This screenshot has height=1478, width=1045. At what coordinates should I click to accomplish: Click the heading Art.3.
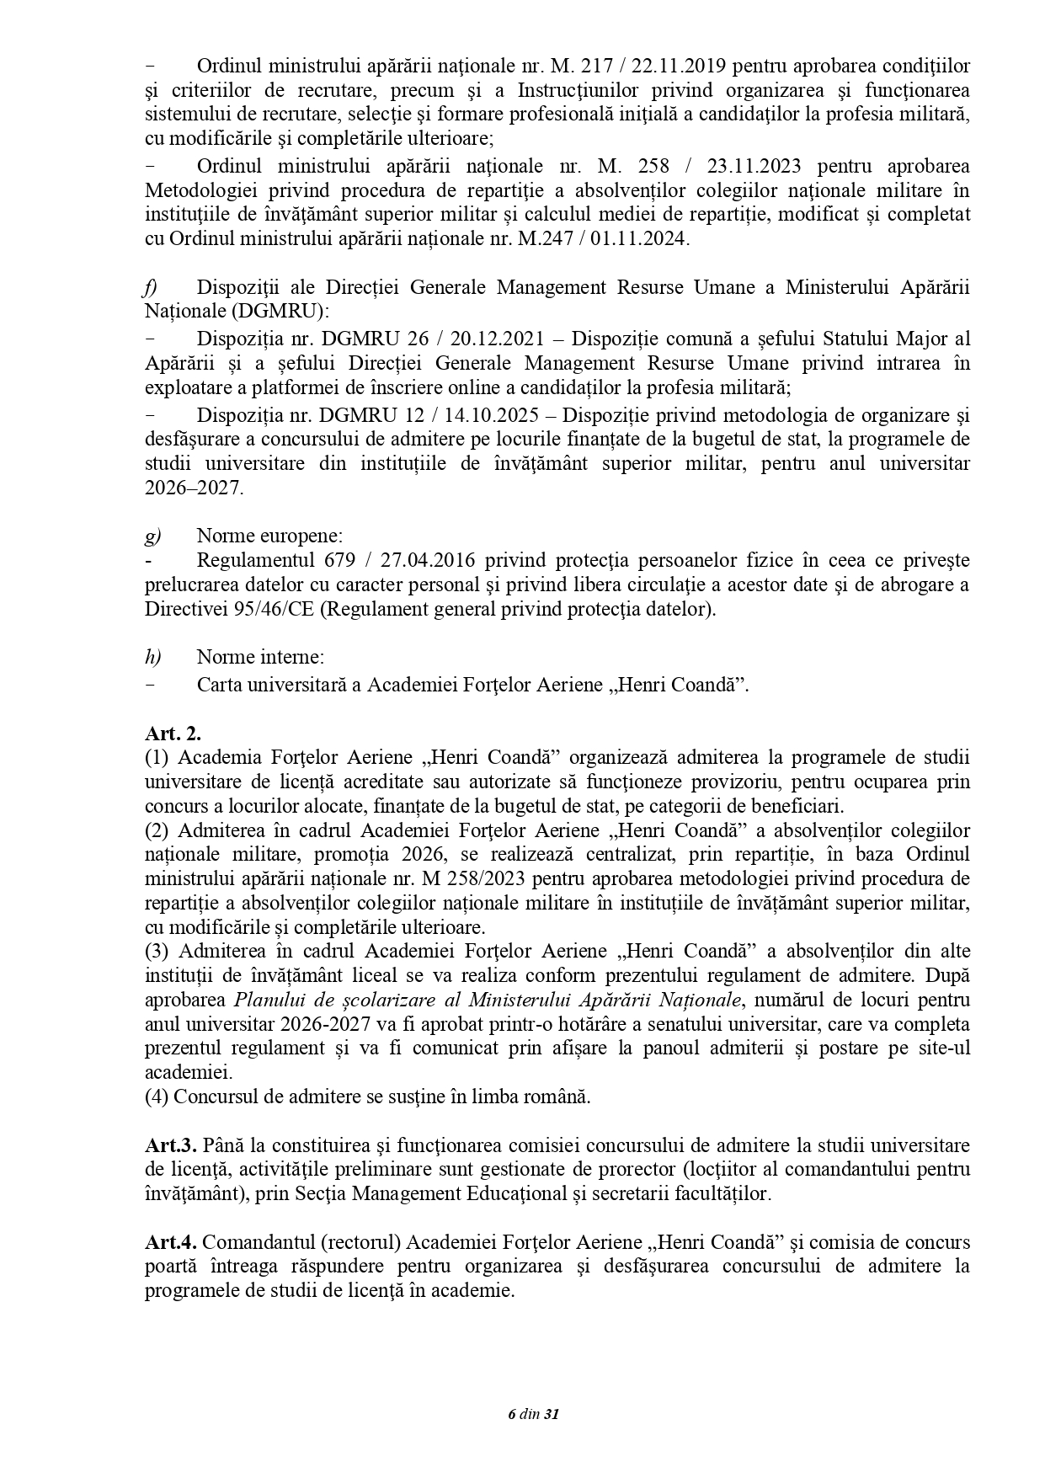tap(170, 1145)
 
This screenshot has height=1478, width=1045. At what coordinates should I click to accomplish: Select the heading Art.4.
tap(170, 1242)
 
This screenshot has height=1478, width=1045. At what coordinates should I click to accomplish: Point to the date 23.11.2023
tap(753, 165)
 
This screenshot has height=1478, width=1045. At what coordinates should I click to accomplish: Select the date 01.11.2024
tap(643, 239)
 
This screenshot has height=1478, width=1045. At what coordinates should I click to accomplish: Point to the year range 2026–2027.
tap(193, 488)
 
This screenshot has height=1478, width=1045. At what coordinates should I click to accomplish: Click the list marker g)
tap(152, 536)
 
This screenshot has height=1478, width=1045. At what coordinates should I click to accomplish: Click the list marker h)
tap(152, 657)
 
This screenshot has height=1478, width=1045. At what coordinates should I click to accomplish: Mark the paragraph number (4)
tap(157, 1097)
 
